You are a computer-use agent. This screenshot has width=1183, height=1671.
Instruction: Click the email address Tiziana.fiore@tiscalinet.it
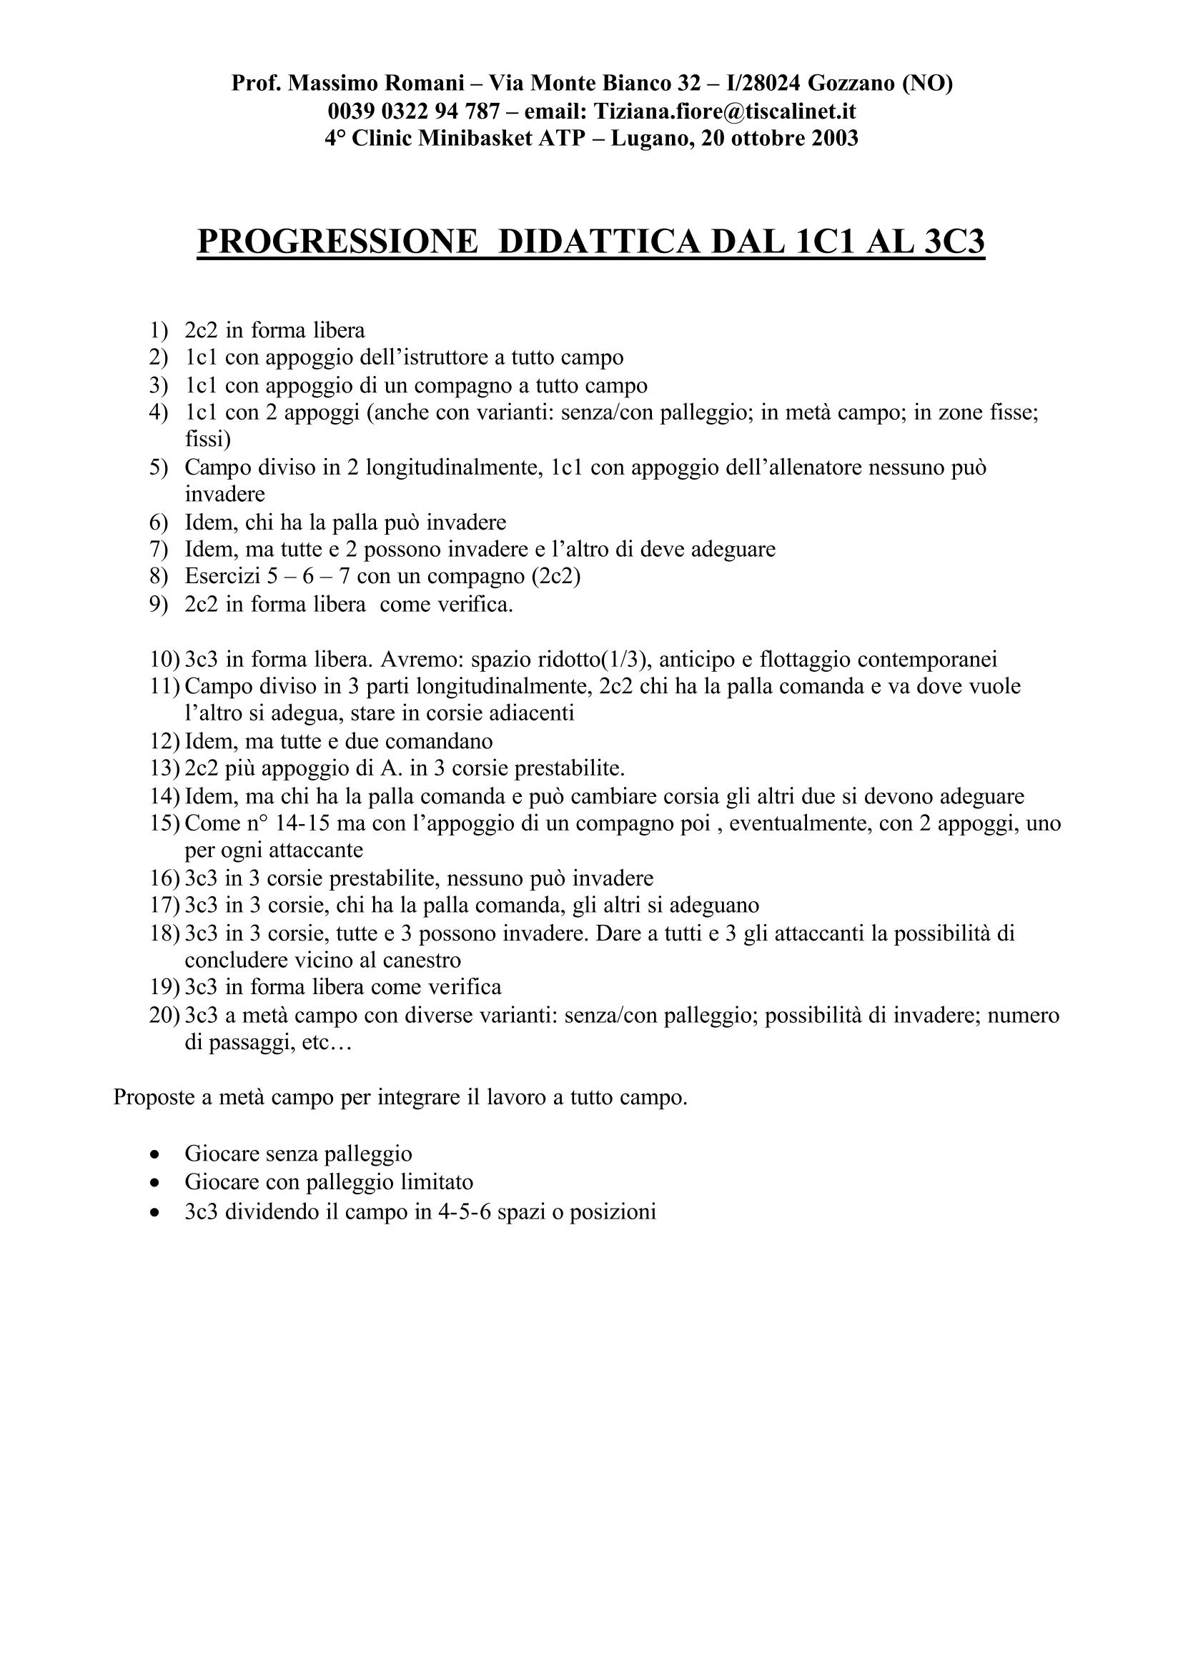(724, 111)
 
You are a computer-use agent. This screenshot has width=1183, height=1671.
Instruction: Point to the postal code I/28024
(758, 84)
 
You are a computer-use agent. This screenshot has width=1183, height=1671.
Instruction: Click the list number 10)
(164, 659)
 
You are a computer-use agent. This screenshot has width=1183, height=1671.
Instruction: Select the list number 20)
(164, 1015)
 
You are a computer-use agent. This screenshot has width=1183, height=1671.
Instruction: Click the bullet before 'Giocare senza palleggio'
(154, 1154)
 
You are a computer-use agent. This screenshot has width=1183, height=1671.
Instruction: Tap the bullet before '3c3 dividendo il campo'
(154, 1213)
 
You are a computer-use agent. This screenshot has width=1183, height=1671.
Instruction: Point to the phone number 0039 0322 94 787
(414, 111)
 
